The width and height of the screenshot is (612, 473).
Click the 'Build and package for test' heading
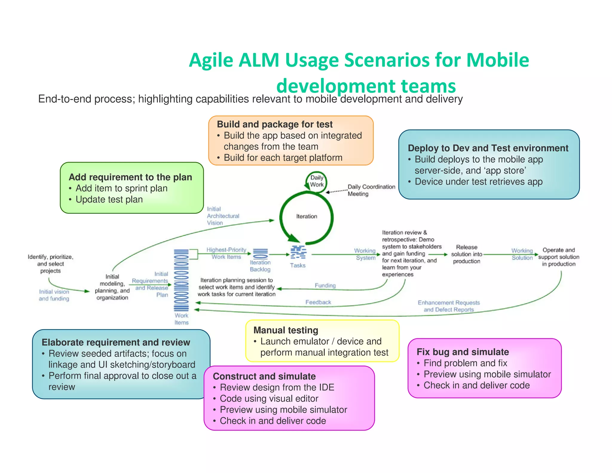click(275, 124)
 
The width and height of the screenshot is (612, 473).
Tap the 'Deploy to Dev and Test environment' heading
click(488, 148)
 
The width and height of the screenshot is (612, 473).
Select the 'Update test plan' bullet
click(109, 199)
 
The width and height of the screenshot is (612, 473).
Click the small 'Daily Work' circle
click(316, 181)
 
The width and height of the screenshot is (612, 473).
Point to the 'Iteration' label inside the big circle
click(307, 216)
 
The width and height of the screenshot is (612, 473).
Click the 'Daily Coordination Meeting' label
click(371, 190)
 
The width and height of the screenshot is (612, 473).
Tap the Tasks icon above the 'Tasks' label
click(298, 252)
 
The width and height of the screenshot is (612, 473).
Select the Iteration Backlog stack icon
click(261, 254)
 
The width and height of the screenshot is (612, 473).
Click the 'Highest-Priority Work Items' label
click(226, 253)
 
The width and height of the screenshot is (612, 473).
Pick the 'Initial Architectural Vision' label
click(223, 216)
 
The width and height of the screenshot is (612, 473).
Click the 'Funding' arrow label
click(325, 286)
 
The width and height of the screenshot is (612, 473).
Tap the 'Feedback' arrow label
click(318, 302)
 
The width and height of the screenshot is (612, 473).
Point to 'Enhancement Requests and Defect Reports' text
click(449, 306)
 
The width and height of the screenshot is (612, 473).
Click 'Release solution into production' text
click(466, 254)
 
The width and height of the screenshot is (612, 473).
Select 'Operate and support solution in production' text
click(559, 257)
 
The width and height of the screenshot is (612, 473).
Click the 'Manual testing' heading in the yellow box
click(286, 330)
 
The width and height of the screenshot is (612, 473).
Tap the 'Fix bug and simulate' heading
click(463, 352)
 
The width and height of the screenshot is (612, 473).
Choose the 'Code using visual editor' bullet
click(269, 399)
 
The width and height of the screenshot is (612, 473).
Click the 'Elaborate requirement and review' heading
click(116, 342)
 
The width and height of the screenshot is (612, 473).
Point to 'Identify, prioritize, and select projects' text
click(51, 264)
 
